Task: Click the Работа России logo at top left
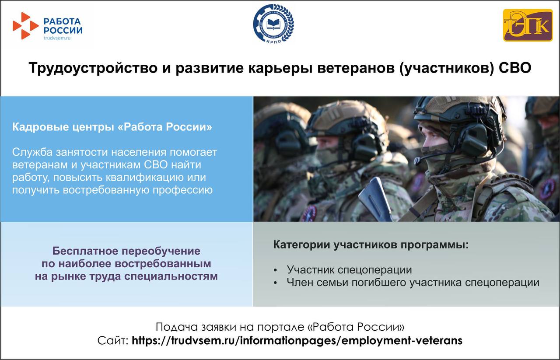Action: click(x=47, y=26)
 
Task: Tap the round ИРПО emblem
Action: click(x=273, y=24)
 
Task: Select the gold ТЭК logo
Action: click(x=527, y=25)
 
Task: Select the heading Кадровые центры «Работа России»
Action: click(x=112, y=127)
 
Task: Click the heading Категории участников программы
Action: click(x=371, y=245)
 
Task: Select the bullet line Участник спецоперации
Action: click(x=349, y=270)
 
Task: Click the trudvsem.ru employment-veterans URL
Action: click(x=297, y=340)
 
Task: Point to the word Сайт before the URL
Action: click(x=113, y=340)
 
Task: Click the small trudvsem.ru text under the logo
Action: click(x=57, y=38)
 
